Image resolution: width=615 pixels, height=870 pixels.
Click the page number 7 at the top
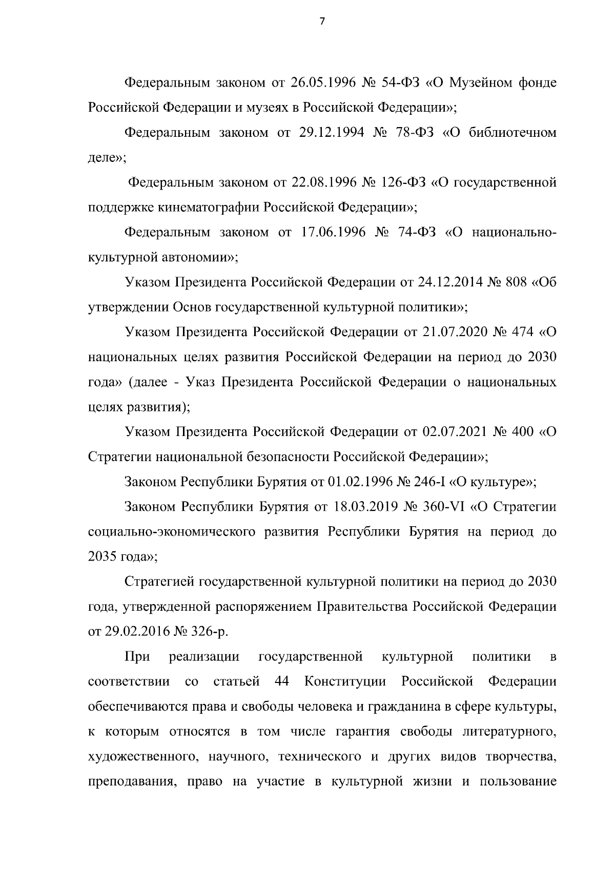click(322, 22)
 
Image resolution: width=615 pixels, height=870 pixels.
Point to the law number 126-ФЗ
click(404, 182)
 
